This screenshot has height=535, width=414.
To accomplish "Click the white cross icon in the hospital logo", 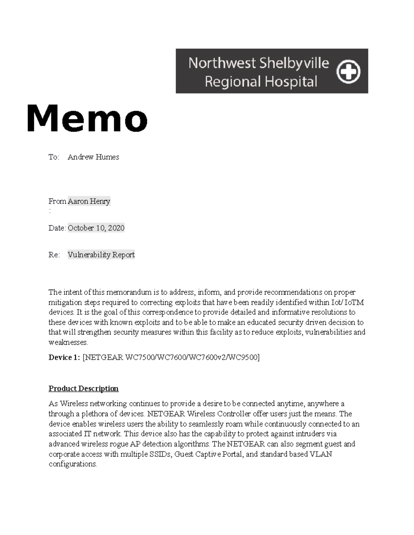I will point(348,72).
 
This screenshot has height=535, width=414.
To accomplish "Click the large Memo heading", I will point(87,118).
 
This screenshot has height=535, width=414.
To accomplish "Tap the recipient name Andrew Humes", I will point(93,157).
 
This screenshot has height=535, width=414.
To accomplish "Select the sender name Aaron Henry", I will point(89,201).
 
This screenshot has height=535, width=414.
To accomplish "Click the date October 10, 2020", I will point(96,228).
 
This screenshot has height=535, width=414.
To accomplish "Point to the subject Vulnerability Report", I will point(101,255).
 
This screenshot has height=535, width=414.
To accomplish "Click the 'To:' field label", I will point(54,157).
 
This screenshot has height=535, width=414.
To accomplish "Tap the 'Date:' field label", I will point(57,228).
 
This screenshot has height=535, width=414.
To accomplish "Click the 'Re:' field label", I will point(54,255).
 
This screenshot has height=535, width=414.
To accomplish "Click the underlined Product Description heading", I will point(83,389).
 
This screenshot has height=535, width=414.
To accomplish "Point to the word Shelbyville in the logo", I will point(294,63).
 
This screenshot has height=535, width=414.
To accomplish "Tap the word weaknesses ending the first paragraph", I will point(68,342).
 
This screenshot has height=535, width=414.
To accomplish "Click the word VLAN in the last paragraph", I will point(321,454).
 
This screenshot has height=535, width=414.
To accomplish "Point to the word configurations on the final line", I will point(72,464).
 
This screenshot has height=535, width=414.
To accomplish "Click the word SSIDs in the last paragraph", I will point(160,454).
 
